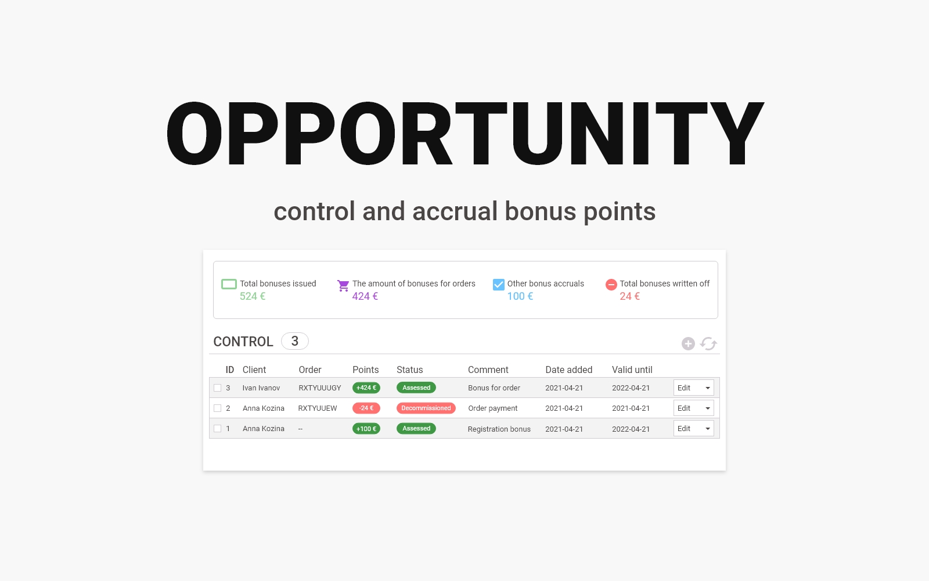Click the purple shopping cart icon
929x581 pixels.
[x=343, y=285]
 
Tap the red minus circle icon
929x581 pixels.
[x=611, y=284]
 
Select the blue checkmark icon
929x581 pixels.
[x=499, y=284]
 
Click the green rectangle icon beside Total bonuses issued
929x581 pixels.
[x=229, y=284]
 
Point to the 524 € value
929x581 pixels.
[x=253, y=296]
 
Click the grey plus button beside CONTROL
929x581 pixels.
[x=688, y=343]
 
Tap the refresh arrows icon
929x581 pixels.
[x=708, y=343]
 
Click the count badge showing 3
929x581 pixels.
[x=295, y=341]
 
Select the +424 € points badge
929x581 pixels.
[x=366, y=388]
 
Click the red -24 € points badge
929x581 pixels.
[x=366, y=408]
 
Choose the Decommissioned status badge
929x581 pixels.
[x=426, y=408]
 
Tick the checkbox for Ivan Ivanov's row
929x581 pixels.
[x=217, y=388]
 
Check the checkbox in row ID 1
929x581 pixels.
[x=217, y=428]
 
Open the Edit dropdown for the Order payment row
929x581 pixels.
[x=693, y=408]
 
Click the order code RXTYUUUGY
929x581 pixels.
[x=320, y=388]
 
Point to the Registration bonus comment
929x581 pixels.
[x=499, y=429]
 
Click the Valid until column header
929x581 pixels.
[x=632, y=370]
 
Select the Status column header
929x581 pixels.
[x=410, y=370]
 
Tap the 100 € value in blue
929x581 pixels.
[x=520, y=296]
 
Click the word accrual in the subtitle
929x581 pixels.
[x=455, y=211]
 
